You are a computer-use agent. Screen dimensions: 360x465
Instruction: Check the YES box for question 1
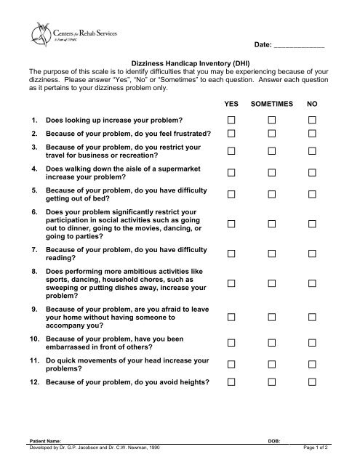click(x=231, y=118)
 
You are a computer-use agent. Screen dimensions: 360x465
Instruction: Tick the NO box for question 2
click(x=312, y=134)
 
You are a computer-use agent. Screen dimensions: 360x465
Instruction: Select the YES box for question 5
click(x=231, y=195)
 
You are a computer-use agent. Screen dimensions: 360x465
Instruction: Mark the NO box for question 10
click(x=312, y=342)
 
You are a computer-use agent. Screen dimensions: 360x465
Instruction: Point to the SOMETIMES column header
click(x=272, y=104)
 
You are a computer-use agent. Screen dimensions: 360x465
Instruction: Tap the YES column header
click(x=230, y=104)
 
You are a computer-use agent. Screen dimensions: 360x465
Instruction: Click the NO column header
click(x=312, y=104)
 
